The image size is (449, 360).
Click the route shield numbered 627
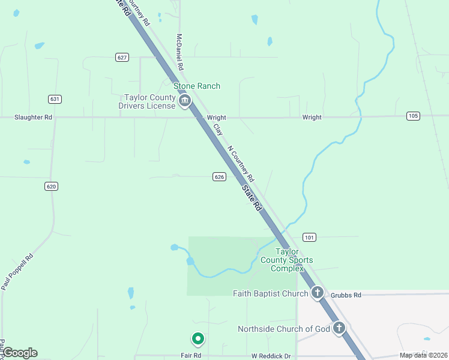tap(122, 57)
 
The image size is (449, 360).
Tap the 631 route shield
tap(55, 98)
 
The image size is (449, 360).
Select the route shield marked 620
tap(51, 186)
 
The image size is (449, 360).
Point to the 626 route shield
tap(219, 176)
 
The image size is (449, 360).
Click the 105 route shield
tap(412, 115)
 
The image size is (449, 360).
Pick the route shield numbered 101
tap(309, 237)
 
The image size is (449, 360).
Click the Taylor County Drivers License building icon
tap(185, 101)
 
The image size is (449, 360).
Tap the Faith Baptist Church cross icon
tap(318, 293)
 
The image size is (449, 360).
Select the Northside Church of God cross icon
tap(339, 328)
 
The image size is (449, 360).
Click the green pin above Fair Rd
tap(197, 339)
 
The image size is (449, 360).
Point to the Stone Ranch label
tap(197, 86)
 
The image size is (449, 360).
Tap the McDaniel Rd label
tap(179, 52)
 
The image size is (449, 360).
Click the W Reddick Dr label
tap(271, 356)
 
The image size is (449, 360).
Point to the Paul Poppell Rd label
tap(17, 272)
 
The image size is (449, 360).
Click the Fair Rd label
tap(191, 356)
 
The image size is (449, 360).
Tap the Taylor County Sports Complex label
tap(287, 260)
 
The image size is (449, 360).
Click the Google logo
tap(20, 353)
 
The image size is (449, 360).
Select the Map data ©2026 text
tap(423, 355)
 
